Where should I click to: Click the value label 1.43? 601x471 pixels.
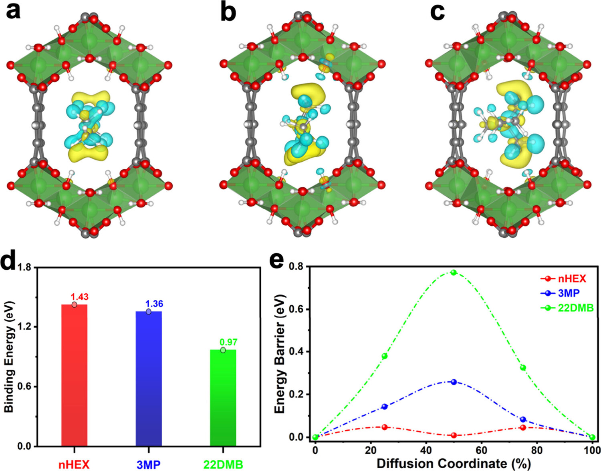79,297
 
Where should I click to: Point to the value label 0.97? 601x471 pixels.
228,342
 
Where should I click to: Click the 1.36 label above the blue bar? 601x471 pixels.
154,304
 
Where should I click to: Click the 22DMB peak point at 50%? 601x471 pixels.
454,273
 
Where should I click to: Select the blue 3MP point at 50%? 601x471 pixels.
454,382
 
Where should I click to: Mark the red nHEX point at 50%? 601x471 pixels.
454,435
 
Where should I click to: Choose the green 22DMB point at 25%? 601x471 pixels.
385,356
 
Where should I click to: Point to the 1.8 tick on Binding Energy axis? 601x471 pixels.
24,267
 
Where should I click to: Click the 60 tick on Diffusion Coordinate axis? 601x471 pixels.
481,450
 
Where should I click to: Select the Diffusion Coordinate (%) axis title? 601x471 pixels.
454,464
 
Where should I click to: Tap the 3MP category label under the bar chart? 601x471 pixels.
148,465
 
